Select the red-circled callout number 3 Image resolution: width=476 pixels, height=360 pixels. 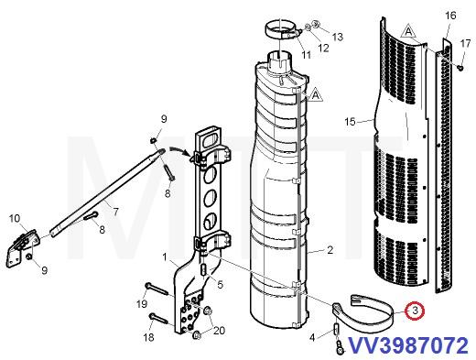point(416,311)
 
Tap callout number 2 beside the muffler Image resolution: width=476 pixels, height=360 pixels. point(330,249)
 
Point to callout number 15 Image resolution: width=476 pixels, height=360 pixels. point(350,121)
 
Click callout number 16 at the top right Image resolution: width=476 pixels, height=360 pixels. point(449,16)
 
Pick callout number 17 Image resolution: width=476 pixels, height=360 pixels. point(465,42)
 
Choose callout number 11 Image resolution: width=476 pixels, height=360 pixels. point(306,55)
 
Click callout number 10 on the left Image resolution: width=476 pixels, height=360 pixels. point(14,218)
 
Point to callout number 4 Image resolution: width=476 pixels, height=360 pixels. point(311,338)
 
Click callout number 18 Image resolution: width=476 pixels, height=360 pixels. point(148,337)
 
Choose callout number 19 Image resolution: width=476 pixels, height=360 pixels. point(143,303)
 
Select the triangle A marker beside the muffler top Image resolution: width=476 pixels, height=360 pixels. point(315,94)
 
